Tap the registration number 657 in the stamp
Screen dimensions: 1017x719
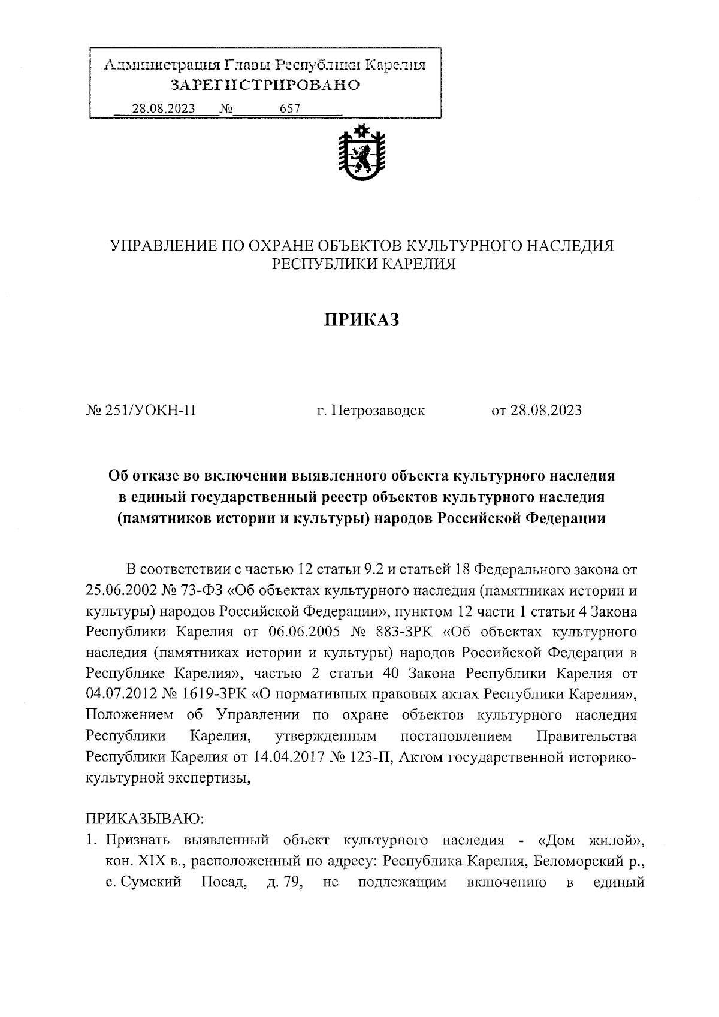click(289, 109)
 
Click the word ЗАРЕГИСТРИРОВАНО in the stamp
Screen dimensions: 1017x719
click(265, 85)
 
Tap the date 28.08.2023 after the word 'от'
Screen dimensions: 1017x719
click(545, 411)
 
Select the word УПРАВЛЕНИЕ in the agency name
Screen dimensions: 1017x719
click(153, 246)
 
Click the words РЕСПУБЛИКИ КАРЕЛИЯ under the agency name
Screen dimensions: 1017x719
click(364, 264)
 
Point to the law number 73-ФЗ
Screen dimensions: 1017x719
click(200, 590)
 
